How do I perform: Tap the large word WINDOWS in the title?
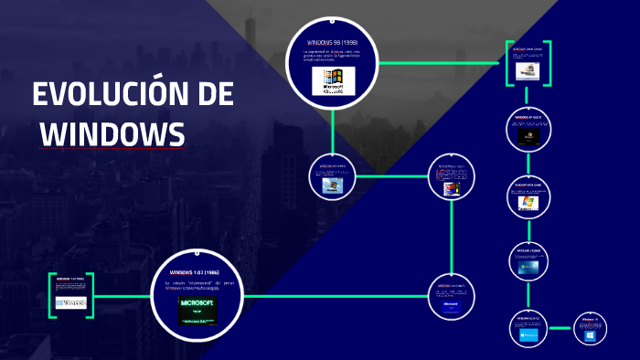point(112,133)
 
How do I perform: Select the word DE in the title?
point(214,95)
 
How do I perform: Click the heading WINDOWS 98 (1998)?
point(332,42)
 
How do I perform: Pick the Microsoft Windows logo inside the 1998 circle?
point(332,80)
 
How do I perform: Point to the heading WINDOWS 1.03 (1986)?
point(197,271)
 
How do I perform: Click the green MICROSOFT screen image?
point(197,312)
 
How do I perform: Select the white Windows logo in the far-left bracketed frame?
point(71,301)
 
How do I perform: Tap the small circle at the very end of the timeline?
point(590,331)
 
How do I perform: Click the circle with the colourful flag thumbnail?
point(451,179)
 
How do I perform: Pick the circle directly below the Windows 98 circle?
point(331,177)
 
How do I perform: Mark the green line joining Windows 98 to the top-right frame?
point(439,63)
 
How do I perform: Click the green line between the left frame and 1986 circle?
point(123,297)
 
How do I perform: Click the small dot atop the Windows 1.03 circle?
point(198,248)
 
